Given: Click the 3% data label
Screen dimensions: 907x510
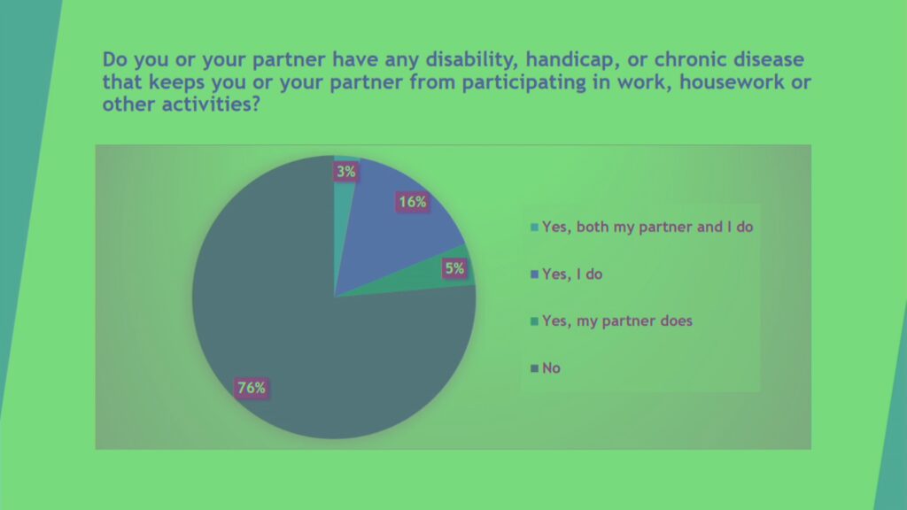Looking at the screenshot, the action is click(346, 172).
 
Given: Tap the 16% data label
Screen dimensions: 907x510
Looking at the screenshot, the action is click(413, 202).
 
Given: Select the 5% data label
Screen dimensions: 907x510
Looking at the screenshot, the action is click(454, 268).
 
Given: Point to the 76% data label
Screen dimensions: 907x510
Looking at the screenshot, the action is click(252, 388).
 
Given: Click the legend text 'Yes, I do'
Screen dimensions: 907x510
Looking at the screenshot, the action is click(572, 274).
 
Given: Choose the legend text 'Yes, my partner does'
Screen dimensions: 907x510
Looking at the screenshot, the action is click(617, 321).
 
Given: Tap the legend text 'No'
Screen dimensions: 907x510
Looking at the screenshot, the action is click(551, 368).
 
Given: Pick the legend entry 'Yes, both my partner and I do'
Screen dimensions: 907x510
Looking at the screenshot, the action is click(642, 227).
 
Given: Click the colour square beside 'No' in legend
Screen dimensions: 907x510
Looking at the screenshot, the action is click(534, 368).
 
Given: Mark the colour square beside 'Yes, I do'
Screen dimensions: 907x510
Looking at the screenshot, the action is click(534, 274).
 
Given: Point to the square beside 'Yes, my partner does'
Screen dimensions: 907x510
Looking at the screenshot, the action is click(534, 321).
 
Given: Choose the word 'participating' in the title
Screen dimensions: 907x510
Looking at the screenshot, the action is click(523, 82).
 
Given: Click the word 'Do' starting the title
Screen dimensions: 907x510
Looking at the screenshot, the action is click(115, 59).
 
